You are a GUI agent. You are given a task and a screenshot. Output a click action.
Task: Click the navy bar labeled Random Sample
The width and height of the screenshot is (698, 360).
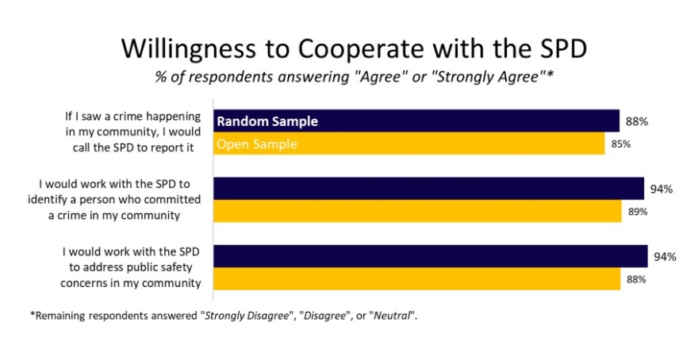416,121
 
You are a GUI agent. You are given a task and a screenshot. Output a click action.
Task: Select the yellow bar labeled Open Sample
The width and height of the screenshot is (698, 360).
409,144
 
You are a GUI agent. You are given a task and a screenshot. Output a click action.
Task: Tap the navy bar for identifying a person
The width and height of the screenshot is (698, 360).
428,189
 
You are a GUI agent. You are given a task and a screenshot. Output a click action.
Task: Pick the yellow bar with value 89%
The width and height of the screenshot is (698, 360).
417,212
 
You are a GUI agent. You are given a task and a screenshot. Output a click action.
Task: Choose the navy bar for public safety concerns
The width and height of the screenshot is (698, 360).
431,256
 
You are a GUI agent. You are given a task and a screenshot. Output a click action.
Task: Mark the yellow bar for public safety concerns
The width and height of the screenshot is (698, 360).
417,279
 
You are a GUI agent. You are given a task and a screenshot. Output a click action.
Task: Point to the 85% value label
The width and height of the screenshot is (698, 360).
620,144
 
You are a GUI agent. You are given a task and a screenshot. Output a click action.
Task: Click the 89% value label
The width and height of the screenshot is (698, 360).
638,212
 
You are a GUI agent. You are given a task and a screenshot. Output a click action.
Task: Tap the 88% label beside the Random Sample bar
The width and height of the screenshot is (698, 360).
637,121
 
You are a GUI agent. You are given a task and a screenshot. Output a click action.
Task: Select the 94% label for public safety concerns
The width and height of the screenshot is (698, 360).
665,257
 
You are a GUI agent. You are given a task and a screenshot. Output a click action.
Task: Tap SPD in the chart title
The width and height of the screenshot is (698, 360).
561,48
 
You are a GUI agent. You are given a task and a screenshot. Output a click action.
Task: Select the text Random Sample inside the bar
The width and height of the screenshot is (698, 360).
267,121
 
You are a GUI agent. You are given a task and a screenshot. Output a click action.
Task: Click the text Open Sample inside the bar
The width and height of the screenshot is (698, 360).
257,144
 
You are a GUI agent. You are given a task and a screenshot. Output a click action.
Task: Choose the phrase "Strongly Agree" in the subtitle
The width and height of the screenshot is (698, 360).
490,78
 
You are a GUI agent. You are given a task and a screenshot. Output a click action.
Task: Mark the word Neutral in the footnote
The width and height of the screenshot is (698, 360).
391,316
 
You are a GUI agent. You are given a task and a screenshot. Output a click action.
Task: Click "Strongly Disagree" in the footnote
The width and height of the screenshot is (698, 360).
247,316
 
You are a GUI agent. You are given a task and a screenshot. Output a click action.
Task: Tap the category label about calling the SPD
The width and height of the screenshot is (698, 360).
132,132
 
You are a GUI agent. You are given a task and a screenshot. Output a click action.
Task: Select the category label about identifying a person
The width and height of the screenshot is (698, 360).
114,200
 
